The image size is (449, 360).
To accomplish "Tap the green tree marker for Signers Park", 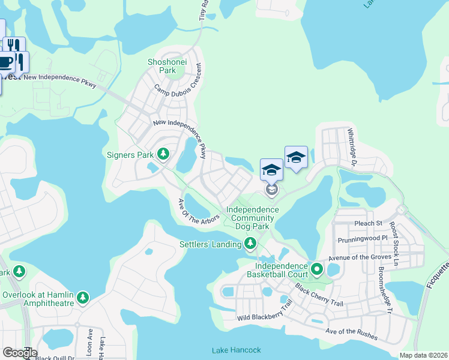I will coord(163,155).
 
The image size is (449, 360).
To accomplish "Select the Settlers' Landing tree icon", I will coord(250,244).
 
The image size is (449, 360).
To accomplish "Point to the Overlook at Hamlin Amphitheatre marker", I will coord(82,298).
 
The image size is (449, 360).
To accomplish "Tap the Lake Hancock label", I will coord(237,350).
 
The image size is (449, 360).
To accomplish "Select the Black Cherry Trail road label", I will coord(319,295).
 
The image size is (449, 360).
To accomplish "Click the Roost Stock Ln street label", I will coord(393,242).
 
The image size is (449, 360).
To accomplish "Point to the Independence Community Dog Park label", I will coord(252,218).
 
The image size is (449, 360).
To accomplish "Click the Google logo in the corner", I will coord(19,352).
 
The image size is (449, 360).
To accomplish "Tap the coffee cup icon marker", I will coord(6,62).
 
